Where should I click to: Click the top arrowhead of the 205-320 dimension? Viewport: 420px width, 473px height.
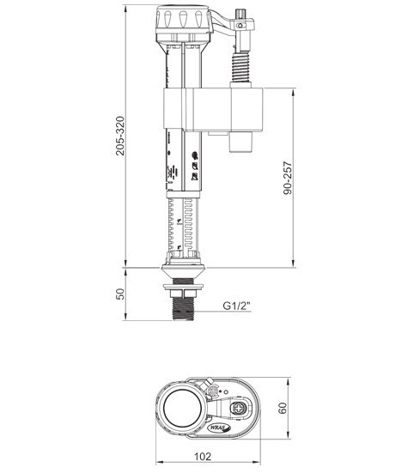(x=127, y=7)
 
